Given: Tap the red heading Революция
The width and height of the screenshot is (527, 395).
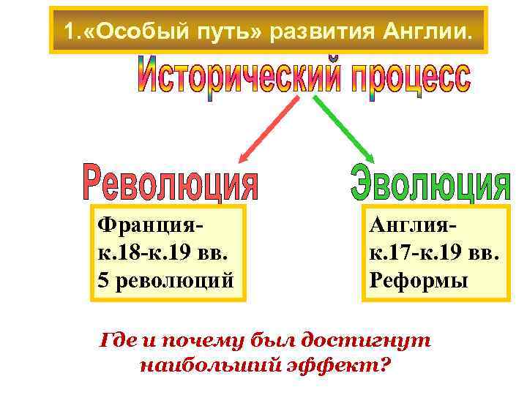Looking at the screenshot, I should [171, 182].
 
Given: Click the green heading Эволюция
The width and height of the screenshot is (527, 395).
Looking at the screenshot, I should [430, 182].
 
